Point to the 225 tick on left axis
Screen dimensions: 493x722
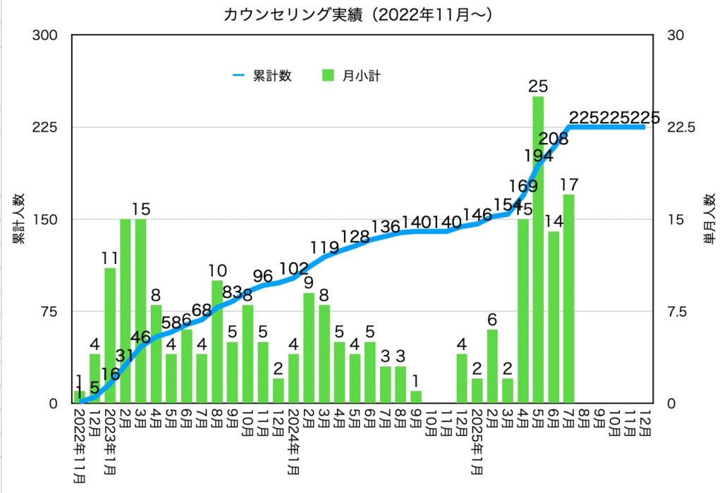coord(44,127)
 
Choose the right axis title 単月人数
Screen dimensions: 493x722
coord(709,219)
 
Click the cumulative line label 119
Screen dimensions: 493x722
coord(324,247)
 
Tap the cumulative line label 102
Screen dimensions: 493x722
coord(294,268)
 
